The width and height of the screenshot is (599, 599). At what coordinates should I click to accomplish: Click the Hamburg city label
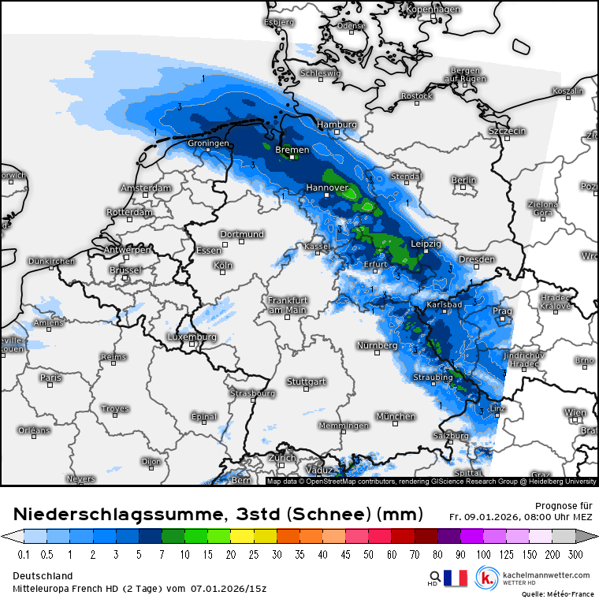(337, 125)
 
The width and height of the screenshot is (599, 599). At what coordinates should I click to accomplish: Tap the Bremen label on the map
(292, 149)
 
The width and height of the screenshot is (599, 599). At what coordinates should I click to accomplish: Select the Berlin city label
(463, 180)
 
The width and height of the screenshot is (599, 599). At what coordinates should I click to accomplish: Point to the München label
(396, 416)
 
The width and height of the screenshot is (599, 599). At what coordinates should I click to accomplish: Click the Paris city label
(50, 378)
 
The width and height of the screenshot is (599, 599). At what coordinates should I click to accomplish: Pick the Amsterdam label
(146, 188)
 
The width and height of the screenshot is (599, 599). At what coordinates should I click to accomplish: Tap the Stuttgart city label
(306, 381)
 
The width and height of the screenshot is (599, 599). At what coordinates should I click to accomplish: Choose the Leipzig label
(426, 244)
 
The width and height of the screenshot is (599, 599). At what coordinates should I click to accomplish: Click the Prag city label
(502, 311)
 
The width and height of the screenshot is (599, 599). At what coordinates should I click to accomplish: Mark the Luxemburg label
(192, 337)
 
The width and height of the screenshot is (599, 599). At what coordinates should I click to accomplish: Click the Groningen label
(208, 143)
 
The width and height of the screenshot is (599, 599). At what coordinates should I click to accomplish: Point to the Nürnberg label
(377, 346)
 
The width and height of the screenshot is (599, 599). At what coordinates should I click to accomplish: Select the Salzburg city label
(451, 435)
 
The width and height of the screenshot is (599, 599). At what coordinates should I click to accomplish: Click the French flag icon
(456, 579)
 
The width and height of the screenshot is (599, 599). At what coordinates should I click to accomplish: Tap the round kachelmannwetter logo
(488, 579)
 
